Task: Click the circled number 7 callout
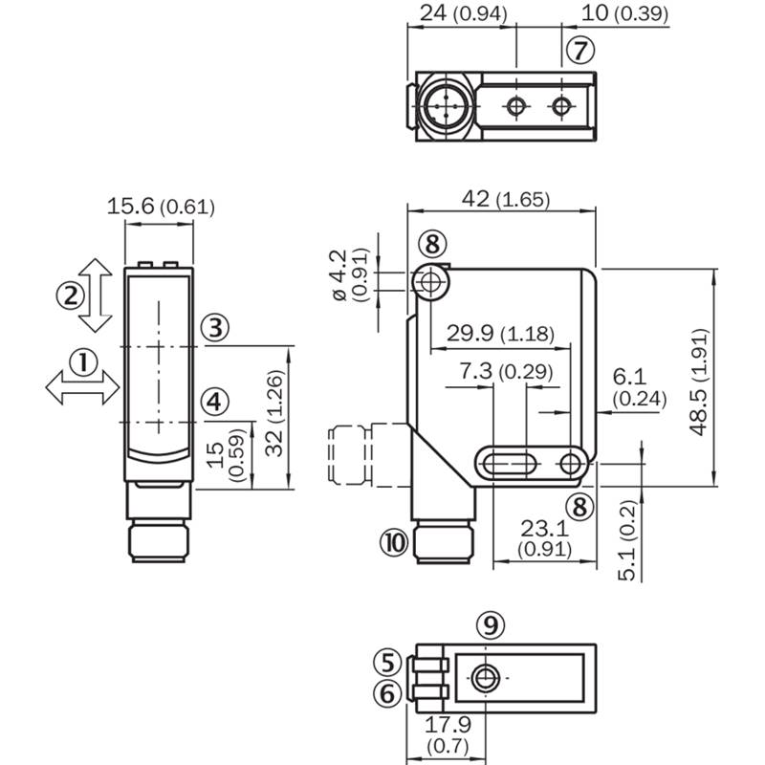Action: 580,51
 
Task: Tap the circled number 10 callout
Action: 394,542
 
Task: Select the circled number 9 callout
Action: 491,625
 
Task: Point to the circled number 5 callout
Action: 387,662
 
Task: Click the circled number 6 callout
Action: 387,693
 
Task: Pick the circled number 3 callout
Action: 215,327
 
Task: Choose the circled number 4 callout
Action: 214,402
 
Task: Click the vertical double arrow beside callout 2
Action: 96,295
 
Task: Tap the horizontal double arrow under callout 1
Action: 82,387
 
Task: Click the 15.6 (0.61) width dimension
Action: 161,207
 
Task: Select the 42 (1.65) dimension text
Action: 506,199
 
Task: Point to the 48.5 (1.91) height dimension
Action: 698,382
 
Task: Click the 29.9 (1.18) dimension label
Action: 500,333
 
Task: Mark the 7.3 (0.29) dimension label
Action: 506,371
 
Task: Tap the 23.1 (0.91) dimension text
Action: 544,538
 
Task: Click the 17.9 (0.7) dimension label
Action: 448,734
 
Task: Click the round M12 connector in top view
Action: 446,105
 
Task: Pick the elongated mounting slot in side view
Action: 509,463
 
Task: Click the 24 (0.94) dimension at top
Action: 464,13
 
